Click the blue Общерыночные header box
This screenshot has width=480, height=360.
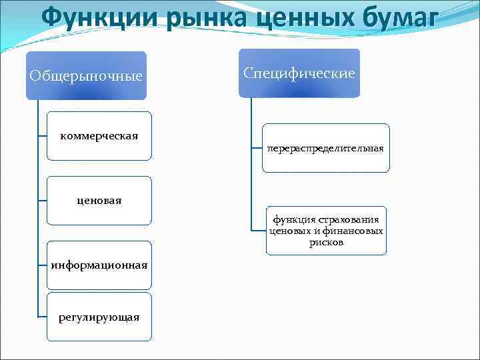86,75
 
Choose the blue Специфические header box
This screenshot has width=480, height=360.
299,73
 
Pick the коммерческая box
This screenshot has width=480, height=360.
99,136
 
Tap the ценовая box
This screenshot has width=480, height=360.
99,200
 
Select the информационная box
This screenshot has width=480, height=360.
99,265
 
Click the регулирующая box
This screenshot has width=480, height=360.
99,317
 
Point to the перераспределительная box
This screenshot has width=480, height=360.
325,148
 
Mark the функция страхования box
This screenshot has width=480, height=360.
326,231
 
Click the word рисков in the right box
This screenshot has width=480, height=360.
326,243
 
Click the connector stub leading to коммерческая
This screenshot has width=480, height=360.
43,136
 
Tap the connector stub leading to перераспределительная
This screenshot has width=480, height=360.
257,148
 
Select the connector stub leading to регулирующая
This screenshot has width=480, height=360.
43,317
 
